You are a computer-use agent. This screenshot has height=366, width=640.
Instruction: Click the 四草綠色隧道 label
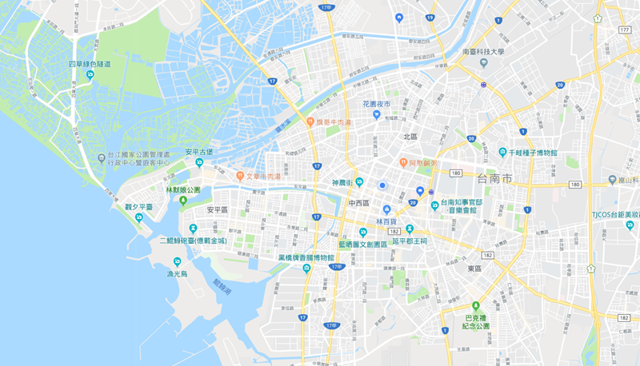click(x=89, y=64)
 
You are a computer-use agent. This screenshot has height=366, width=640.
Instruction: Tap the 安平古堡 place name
click(x=198, y=151)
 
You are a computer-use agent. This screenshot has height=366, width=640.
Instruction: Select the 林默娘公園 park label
click(x=183, y=190)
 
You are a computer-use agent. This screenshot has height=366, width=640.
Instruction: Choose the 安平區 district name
click(x=217, y=209)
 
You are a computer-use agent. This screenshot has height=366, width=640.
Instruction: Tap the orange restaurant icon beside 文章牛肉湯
click(x=239, y=175)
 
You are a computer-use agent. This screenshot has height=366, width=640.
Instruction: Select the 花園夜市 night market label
click(x=376, y=104)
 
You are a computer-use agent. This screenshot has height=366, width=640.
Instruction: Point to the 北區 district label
click(x=410, y=137)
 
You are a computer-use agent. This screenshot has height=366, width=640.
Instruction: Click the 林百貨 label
click(x=386, y=220)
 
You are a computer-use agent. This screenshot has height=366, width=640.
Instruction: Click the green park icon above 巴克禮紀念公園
click(x=476, y=305)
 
